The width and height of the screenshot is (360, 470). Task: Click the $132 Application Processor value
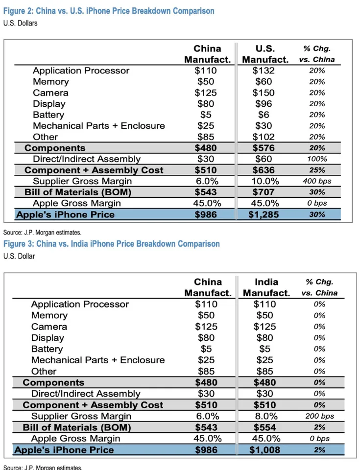[264, 70]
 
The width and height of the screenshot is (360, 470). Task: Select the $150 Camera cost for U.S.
[264, 93]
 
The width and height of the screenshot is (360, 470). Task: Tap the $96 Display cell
[264, 104]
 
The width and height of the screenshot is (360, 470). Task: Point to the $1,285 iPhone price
[264, 214]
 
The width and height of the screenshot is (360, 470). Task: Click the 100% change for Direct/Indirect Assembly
[317, 159]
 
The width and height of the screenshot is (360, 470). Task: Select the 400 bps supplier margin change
[317, 181]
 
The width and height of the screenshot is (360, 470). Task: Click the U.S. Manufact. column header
[265, 54]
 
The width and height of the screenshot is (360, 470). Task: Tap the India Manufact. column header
[266, 287]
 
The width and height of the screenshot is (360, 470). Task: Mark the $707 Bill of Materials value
[264, 192]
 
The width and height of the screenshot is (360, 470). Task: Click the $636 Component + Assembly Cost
[264, 170]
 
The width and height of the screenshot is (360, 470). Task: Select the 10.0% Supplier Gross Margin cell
[264, 181]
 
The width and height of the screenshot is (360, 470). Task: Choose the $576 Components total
[264, 148]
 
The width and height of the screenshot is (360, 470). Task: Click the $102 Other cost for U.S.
[264, 137]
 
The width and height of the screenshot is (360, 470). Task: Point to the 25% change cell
[317, 170]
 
